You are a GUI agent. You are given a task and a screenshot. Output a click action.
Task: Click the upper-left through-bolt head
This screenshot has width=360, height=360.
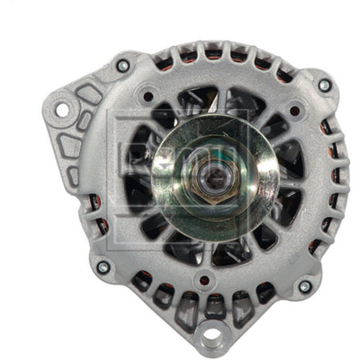(x=122, y=66)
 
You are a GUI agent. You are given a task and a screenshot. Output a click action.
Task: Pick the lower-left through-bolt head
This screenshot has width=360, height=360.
(x=103, y=267)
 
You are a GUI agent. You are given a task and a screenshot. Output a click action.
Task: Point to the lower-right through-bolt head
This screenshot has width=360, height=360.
(x=304, y=286)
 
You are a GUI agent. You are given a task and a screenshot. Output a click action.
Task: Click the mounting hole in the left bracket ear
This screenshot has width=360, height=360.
(x=61, y=110)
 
